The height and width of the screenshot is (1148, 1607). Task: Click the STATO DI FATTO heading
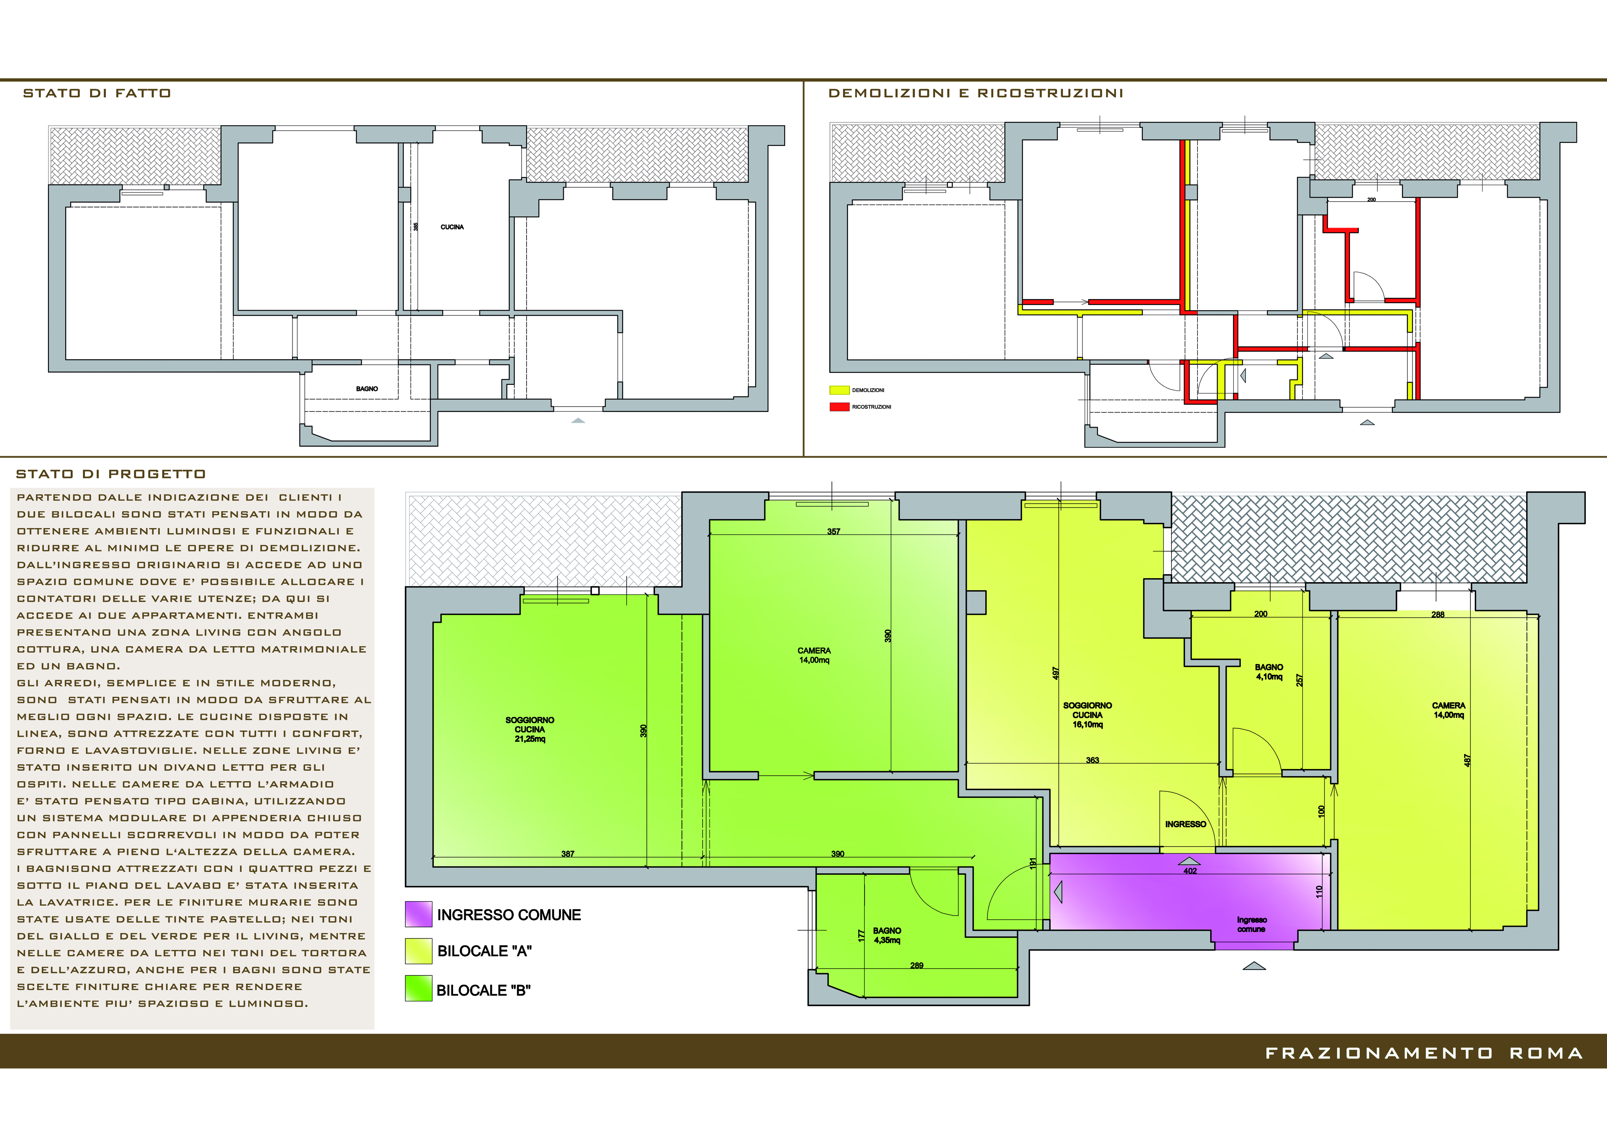pyautogui.click(x=97, y=93)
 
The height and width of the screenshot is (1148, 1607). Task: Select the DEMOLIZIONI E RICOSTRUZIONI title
pyautogui.click(x=975, y=93)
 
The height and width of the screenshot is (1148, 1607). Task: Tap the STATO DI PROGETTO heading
pyautogui.click(x=111, y=474)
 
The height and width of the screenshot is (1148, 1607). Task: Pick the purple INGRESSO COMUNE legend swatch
pyautogui.click(x=418, y=914)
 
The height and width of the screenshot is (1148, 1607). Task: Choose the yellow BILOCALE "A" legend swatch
pyautogui.click(x=418, y=951)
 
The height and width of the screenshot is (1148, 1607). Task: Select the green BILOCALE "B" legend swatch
pyautogui.click(x=418, y=988)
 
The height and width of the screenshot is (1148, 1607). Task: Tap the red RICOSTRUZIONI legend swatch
pyautogui.click(x=839, y=407)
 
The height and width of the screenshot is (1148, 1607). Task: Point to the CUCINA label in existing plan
pyautogui.click(x=452, y=227)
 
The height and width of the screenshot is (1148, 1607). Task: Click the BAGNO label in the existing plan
pyautogui.click(x=367, y=389)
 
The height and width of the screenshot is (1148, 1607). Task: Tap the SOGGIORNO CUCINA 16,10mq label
pyautogui.click(x=1088, y=715)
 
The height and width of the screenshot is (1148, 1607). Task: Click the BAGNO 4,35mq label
pyautogui.click(x=887, y=935)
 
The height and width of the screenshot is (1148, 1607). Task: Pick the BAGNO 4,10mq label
pyautogui.click(x=1269, y=671)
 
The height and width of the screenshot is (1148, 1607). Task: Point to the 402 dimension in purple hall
pyautogui.click(x=1190, y=871)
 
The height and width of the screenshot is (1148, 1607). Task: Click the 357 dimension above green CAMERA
pyautogui.click(x=834, y=532)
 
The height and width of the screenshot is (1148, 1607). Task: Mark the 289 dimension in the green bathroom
pyautogui.click(x=917, y=965)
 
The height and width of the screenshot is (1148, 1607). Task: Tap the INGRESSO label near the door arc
pyautogui.click(x=1186, y=824)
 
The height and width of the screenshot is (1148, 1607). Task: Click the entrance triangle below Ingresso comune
pyautogui.click(x=1254, y=966)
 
